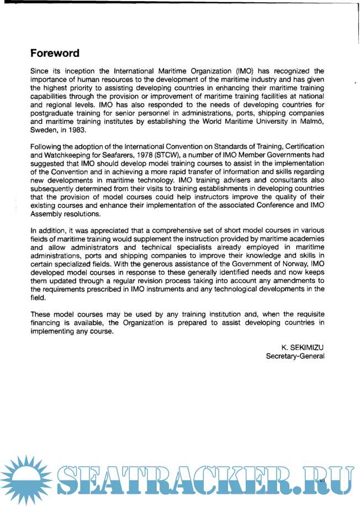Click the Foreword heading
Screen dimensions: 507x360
pos(55,54)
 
